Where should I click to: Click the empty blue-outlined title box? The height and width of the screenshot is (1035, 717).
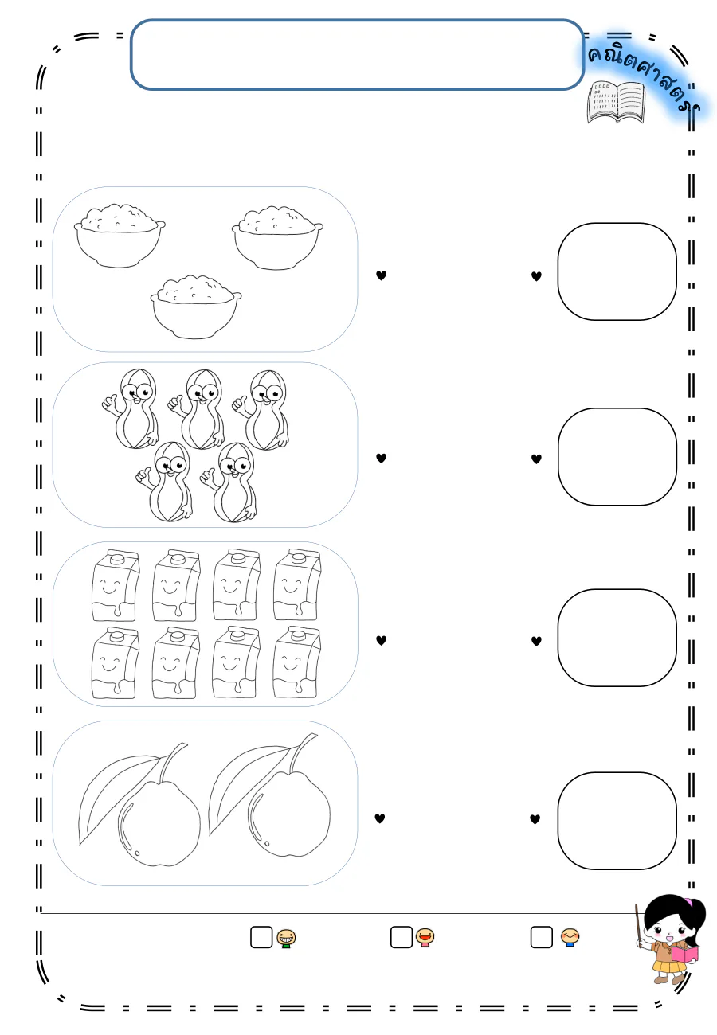357,54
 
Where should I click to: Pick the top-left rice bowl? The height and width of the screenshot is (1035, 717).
119,235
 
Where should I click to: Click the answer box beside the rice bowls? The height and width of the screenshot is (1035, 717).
617,271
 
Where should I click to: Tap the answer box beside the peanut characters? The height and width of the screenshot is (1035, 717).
617,456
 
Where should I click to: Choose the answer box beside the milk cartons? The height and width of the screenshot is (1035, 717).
617,638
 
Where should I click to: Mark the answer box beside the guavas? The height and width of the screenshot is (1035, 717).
617,821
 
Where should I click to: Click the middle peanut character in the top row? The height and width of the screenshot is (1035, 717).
198,409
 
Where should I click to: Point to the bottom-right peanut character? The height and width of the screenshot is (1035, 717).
229,482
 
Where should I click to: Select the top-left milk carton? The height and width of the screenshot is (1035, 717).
115,585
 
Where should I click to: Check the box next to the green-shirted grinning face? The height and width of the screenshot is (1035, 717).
261,937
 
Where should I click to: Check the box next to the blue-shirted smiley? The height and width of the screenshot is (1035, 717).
541,937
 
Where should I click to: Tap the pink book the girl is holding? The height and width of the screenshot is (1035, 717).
684,954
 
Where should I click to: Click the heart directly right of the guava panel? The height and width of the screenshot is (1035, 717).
379,818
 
